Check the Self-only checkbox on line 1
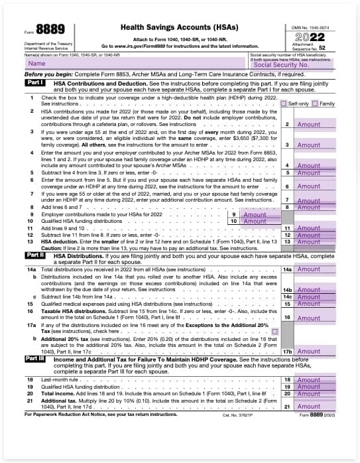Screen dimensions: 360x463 coord(284,104)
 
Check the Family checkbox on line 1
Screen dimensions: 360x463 coord(316,104)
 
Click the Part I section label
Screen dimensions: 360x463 coord(35,83)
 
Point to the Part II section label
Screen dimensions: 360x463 coord(35,255)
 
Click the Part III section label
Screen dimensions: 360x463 coord(36,358)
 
